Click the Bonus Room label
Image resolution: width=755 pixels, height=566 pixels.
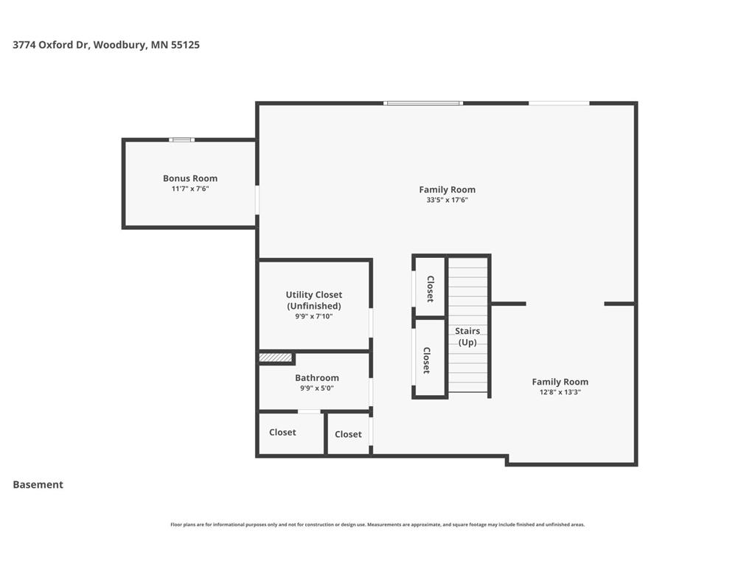pos(190,178)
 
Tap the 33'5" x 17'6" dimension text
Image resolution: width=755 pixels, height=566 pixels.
pos(447,200)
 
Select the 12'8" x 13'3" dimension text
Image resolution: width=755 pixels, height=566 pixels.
pos(560,392)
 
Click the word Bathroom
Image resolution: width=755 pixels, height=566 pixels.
pos(317,378)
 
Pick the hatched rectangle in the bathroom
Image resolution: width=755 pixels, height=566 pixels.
pos(276,357)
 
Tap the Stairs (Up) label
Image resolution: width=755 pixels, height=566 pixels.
pos(467,336)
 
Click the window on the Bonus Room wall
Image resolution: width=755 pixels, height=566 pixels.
pos(182,140)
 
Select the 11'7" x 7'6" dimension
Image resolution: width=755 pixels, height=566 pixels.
pos(190,189)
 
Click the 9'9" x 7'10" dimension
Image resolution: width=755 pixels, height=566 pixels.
pos(314,316)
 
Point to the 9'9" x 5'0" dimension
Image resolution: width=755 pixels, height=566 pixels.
pos(317,388)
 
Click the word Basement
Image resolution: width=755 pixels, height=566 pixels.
pos(38,485)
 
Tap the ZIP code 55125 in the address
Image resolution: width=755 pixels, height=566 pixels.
pos(185,45)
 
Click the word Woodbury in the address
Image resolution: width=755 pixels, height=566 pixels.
pos(120,45)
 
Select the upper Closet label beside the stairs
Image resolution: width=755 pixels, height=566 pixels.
pos(431,289)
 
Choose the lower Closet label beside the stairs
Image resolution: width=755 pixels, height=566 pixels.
pos(427,360)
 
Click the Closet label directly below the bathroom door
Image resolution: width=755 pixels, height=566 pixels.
pos(282,432)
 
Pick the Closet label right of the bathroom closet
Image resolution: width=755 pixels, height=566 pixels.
pos(348,434)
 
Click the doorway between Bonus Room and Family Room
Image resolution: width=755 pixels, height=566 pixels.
pos(257,200)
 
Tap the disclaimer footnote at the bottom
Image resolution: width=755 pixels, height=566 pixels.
pos(377,525)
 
